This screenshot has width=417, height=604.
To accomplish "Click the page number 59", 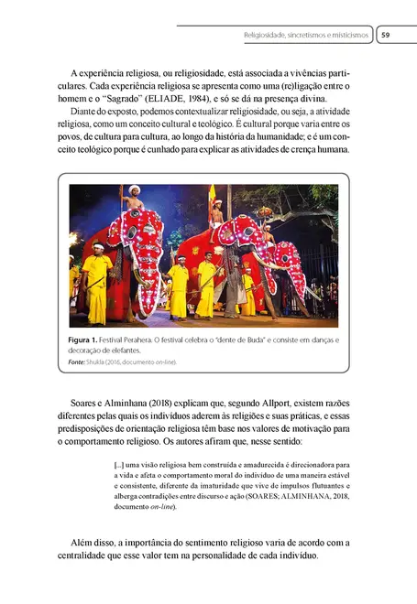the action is [386, 36].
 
